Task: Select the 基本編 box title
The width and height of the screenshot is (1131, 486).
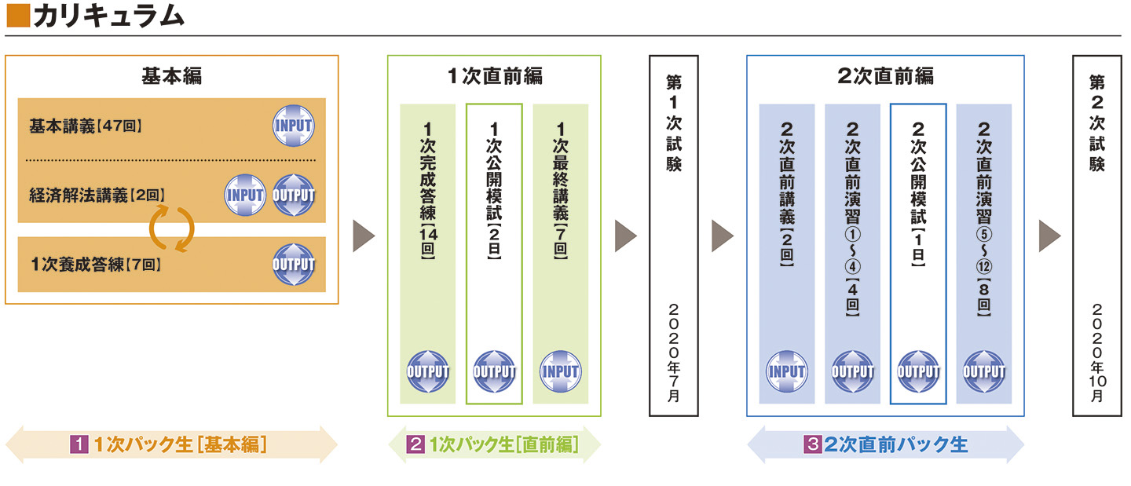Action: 171,76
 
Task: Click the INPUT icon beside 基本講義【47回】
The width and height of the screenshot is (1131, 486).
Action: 293,126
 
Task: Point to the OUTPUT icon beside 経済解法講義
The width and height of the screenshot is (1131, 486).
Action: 293,195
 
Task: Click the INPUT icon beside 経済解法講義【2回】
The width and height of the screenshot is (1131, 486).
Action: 245,195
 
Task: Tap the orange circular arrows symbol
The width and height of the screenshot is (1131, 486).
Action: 171,228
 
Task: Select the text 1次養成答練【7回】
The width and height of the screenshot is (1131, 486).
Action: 96,265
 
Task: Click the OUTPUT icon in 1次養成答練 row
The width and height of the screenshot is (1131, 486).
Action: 293,265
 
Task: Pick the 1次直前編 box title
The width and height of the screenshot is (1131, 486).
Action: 494,76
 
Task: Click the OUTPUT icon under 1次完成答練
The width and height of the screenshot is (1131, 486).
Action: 428,371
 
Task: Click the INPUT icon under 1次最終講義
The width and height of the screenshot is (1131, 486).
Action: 560,371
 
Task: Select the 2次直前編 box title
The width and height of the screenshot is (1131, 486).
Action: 885,76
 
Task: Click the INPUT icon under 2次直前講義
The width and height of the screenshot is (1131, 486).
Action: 786,371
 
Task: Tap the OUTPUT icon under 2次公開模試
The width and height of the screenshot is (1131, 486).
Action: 918,371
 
